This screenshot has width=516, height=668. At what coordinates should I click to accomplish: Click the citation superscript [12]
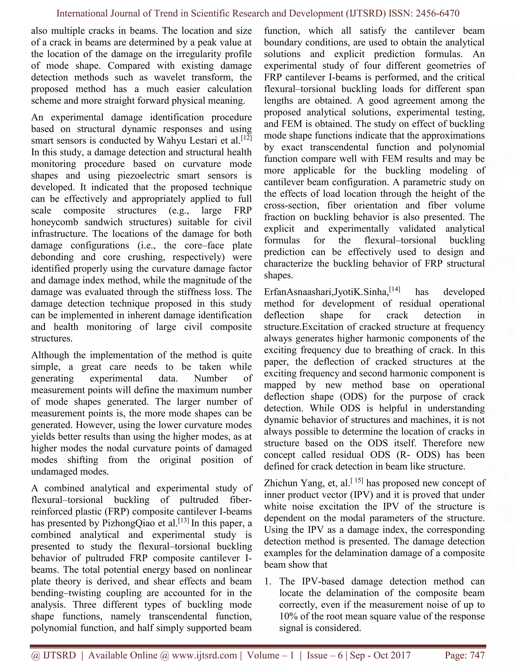click(x=246, y=138)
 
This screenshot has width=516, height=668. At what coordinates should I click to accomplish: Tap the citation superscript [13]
click(x=183, y=520)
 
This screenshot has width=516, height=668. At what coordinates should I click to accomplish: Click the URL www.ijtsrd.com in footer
click(x=204, y=655)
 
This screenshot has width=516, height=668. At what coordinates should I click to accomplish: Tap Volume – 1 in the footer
click(x=271, y=655)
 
